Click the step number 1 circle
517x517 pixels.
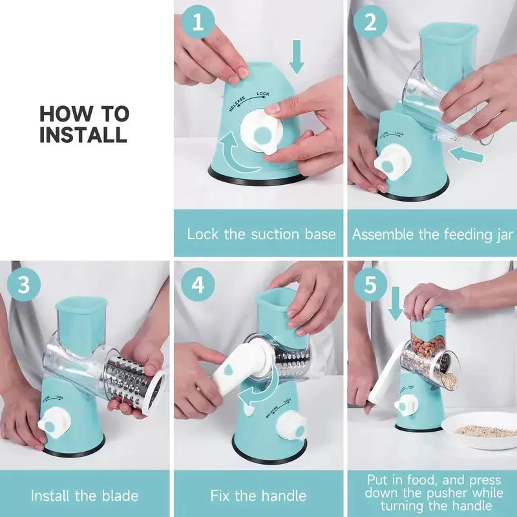tap(197, 23)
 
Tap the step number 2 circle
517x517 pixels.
tap(370, 23)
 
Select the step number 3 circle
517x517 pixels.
tap(24, 285)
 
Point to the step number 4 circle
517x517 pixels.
tap(197, 285)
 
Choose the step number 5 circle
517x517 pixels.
tap(370, 285)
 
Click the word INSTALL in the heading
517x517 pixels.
tap(83, 135)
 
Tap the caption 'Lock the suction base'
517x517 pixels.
tap(261, 233)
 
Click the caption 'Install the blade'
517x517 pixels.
tap(85, 496)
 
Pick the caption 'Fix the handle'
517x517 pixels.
tap(258, 496)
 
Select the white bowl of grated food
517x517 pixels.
tap(478, 430)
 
